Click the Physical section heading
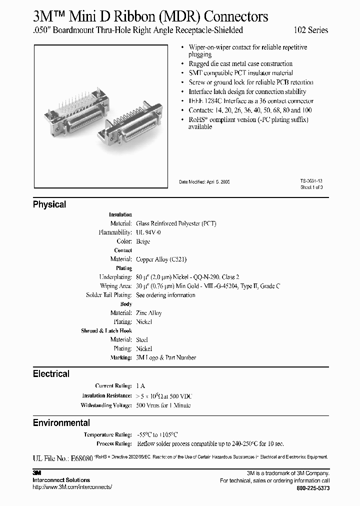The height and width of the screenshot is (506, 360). (49, 204)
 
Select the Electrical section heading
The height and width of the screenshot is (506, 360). (51, 374)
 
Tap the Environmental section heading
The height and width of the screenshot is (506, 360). (61, 423)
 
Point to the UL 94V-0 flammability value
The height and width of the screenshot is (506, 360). (148, 232)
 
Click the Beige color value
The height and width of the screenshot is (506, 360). (143, 241)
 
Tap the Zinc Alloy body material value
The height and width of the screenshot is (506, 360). (149, 313)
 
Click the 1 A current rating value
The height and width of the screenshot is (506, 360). (141, 386)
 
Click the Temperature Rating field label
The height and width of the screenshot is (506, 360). (108, 435)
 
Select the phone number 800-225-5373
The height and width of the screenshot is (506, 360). (313, 487)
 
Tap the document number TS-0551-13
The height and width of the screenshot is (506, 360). (311, 182)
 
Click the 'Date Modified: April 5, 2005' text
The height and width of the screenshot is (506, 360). (204, 182)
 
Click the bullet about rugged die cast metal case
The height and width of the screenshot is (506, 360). (240, 64)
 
